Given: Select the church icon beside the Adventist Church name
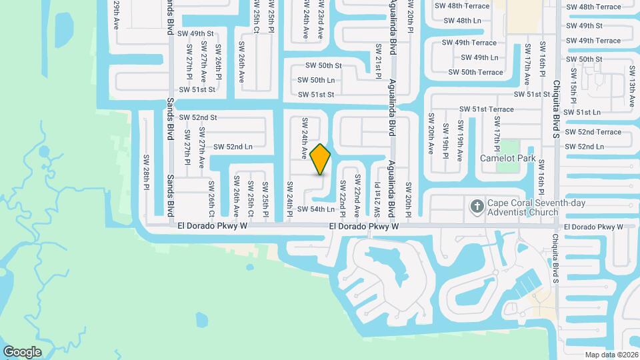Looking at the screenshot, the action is pos(477,206).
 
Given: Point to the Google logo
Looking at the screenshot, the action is pos(21,352).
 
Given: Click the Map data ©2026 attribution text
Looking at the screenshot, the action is pos(611,355).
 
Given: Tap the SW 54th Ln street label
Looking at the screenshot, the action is pos(315,209).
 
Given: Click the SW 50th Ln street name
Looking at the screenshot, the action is pos(317,80).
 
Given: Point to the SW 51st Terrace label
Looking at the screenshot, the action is pos(486,109).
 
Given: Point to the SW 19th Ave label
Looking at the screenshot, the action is pos(459,141).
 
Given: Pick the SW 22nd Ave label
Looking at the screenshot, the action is pos(357,195).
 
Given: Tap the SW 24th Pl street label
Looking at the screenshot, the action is pos(289,199).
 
